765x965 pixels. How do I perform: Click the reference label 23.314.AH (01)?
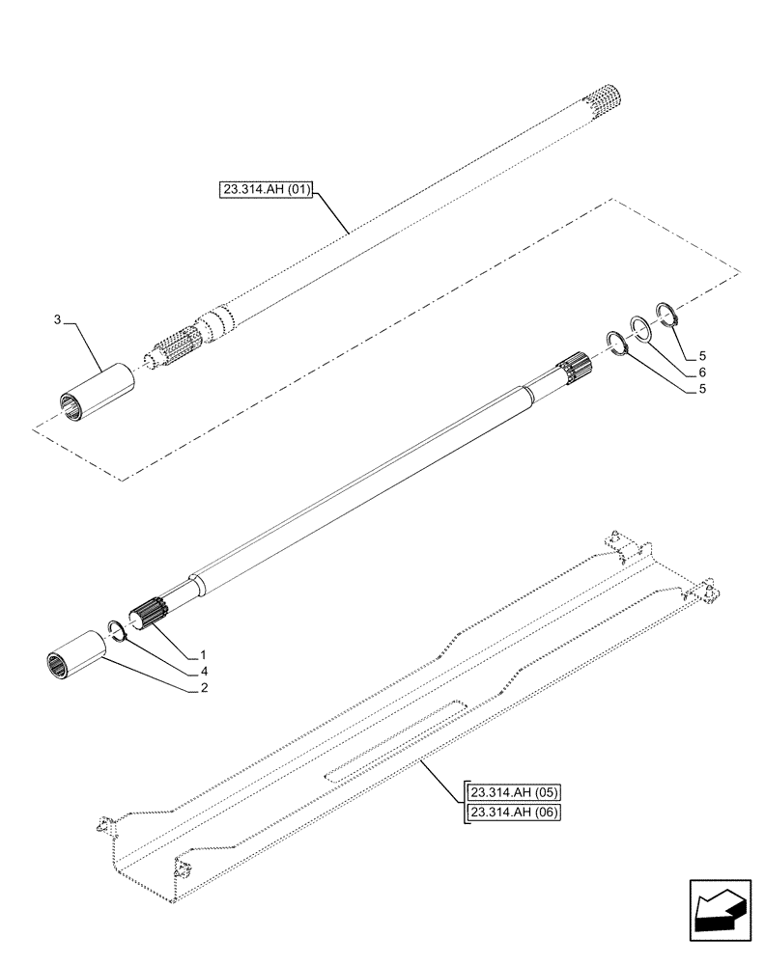[266, 190]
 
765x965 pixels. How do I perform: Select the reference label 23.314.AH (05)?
[512, 793]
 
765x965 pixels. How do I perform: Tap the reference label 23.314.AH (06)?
[512, 813]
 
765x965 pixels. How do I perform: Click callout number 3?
[58, 318]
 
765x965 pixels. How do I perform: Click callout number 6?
[702, 372]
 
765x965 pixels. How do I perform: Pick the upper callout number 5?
[702, 353]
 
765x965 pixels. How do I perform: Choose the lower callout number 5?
[702, 390]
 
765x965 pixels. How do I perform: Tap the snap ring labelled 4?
[117, 630]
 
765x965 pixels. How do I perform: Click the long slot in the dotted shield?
[396, 740]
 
